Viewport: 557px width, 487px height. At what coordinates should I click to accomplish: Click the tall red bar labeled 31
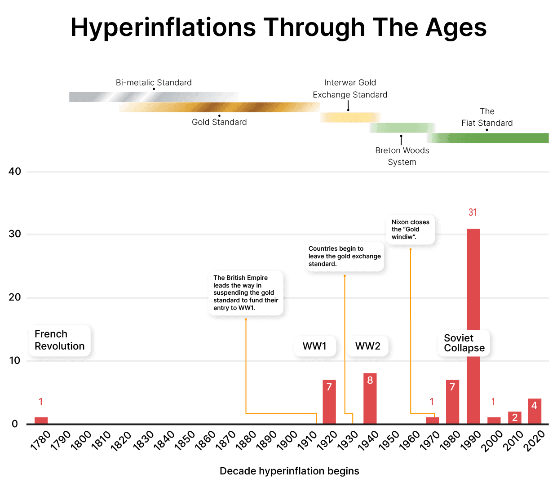pos(473,279)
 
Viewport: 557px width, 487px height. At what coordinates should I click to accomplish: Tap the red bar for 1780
pos(41,421)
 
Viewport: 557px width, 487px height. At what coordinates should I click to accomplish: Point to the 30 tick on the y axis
pos(15,234)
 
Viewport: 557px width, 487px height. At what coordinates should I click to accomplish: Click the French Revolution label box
pos(60,340)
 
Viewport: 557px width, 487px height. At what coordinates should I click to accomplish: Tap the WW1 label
pos(314,346)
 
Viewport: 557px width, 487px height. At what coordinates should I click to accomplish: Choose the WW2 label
pos(367,346)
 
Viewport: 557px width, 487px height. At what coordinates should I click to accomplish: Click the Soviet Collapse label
pos(464,343)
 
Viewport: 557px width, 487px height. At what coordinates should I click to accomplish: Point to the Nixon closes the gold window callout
pos(410,229)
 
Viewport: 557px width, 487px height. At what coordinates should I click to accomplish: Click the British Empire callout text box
pos(246,292)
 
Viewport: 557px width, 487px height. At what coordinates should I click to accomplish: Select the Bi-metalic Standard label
pos(154,83)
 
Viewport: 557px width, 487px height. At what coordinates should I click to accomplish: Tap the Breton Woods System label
pos(402,156)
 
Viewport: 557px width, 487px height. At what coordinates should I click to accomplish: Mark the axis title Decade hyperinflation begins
pos(289,471)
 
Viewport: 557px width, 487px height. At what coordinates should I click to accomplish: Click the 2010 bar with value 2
pos(515,417)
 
